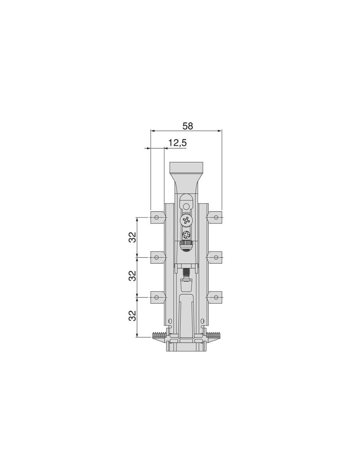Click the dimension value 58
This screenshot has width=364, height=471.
[x=188, y=126]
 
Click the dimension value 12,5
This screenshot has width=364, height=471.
[x=177, y=143]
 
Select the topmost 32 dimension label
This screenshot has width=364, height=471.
[x=133, y=237]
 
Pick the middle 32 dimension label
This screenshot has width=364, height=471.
[x=133, y=276]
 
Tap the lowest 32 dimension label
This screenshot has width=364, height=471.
[x=133, y=316]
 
